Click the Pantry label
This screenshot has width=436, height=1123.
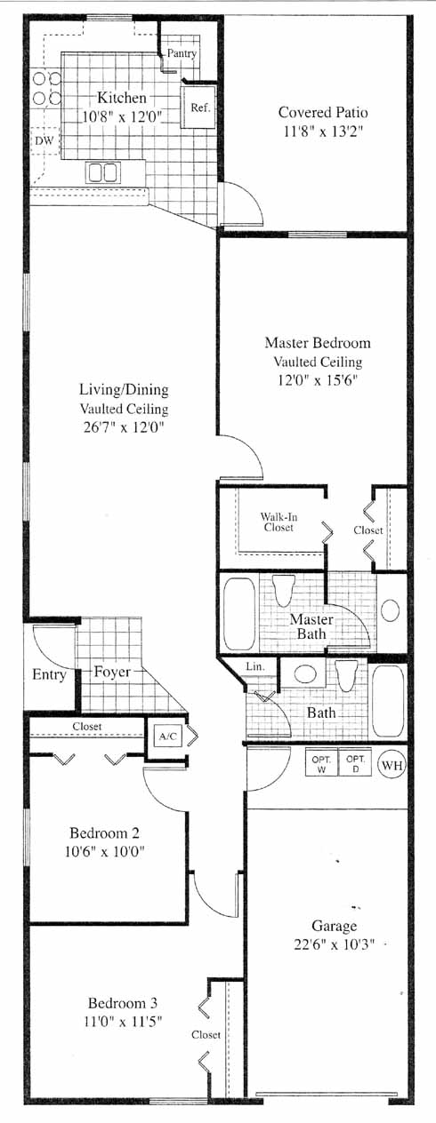click(182, 53)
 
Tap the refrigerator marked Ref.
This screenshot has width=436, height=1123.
click(198, 108)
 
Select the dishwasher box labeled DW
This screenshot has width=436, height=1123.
click(44, 141)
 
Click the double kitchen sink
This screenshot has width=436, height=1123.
click(103, 172)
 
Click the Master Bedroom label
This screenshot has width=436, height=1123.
click(318, 343)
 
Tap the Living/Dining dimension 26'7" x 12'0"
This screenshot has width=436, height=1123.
click(124, 427)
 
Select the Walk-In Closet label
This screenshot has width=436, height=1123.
click(279, 522)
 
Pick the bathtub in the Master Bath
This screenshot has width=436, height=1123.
click(238, 614)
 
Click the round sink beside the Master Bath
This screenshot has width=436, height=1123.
click(391, 610)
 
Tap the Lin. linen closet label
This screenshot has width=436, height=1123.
click(255, 666)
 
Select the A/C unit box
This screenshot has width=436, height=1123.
click(168, 737)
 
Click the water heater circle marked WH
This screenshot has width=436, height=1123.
click(392, 766)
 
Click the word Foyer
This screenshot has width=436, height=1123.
click(112, 672)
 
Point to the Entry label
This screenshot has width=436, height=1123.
click(49, 675)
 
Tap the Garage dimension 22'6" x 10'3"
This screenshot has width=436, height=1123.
click(335, 944)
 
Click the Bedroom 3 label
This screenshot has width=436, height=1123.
click(123, 1003)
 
